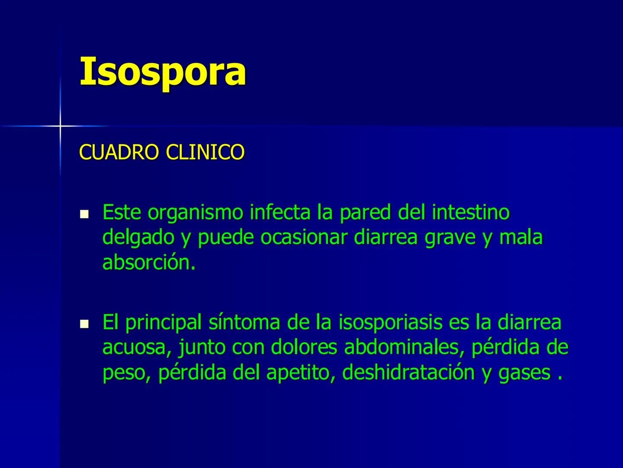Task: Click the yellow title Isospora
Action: [163, 71]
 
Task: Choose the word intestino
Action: [471, 212]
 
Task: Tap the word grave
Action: [450, 237]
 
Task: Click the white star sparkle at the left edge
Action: [60, 126]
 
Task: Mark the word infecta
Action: [281, 212]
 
